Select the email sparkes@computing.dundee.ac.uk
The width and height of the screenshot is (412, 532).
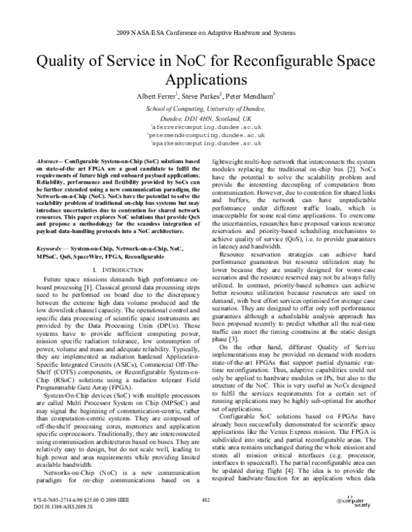(x=206, y=145)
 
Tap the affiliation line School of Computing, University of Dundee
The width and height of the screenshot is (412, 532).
(x=206, y=110)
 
